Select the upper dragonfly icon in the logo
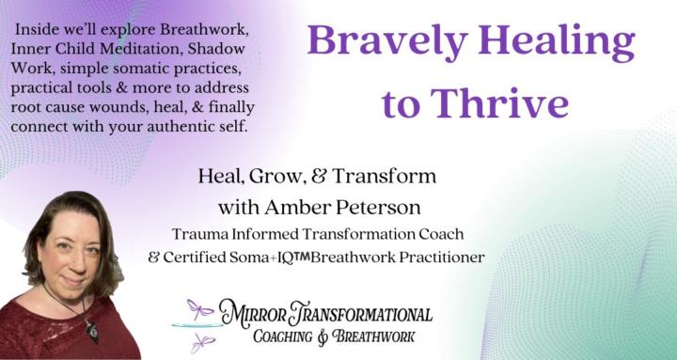point(200,307)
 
